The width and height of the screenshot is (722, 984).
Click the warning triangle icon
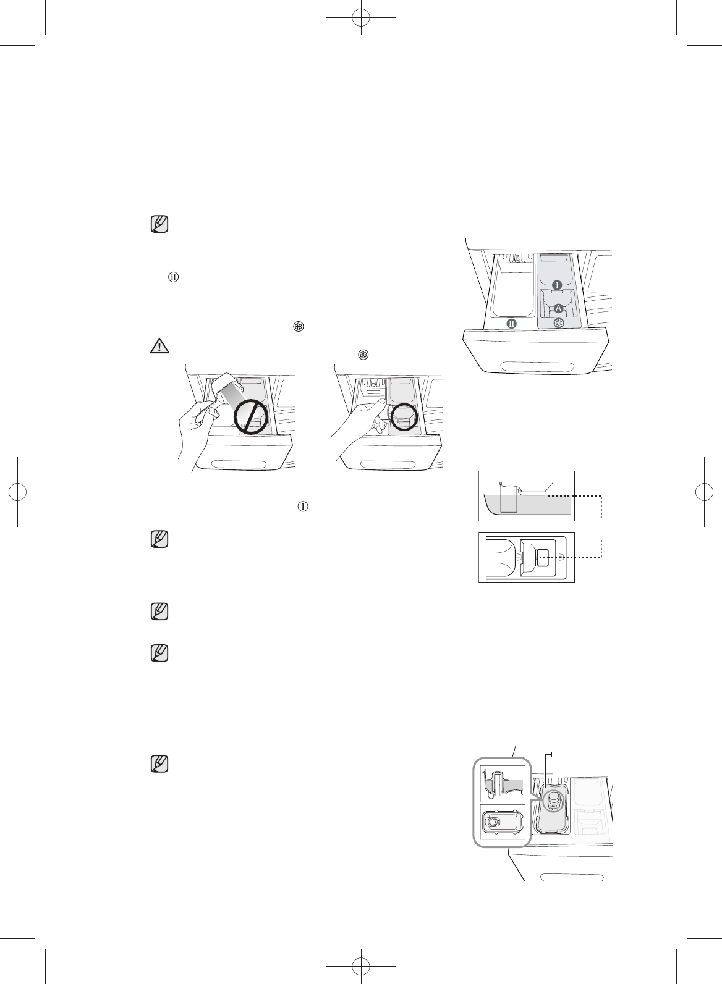click(159, 346)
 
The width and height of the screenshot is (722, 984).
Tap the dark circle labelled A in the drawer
click(558, 308)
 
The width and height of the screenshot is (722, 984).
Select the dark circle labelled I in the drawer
click(557, 285)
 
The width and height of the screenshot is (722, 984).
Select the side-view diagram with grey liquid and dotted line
click(527, 496)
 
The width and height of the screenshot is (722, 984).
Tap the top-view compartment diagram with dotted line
click(527, 557)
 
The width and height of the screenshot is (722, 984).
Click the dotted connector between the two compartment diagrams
click(601, 526)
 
